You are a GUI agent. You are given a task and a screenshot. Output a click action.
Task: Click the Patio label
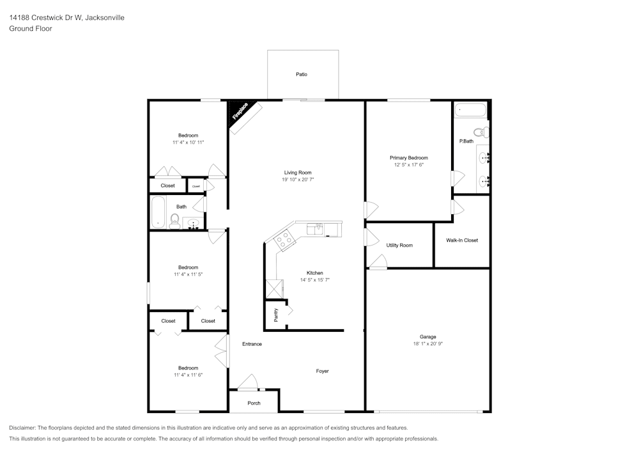tap(302, 74)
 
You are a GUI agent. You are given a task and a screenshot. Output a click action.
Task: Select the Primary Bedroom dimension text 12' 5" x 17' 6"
tap(409, 165)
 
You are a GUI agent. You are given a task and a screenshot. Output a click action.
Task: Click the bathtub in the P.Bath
tap(470, 111)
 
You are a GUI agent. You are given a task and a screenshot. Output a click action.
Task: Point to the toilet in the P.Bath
tap(484, 133)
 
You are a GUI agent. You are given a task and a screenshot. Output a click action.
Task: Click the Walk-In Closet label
tap(462, 240)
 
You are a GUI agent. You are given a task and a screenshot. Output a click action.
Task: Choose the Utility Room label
tap(399, 245)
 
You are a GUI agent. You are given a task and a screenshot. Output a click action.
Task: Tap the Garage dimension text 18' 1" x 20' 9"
tap(428, 344)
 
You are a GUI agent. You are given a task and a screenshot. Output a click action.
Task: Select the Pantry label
tap(276, 316)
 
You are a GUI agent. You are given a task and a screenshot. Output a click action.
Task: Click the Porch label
tap(254, 403)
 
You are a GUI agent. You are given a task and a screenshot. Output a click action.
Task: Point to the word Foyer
tap(323, 371)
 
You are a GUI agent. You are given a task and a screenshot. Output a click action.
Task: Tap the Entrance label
tap(252, 344)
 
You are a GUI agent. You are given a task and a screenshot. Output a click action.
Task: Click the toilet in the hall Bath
tap(174, 221)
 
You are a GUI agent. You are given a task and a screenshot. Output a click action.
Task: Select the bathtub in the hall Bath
tap(158, 212)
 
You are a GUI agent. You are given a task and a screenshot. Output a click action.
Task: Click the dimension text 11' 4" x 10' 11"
tap(188, 143)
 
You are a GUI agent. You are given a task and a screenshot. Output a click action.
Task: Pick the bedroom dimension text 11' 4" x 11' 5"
tap(188, 274)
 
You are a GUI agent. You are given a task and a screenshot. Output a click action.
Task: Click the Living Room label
tap(298, 173)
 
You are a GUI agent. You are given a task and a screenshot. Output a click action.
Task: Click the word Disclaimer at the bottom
tap(22, 428)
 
